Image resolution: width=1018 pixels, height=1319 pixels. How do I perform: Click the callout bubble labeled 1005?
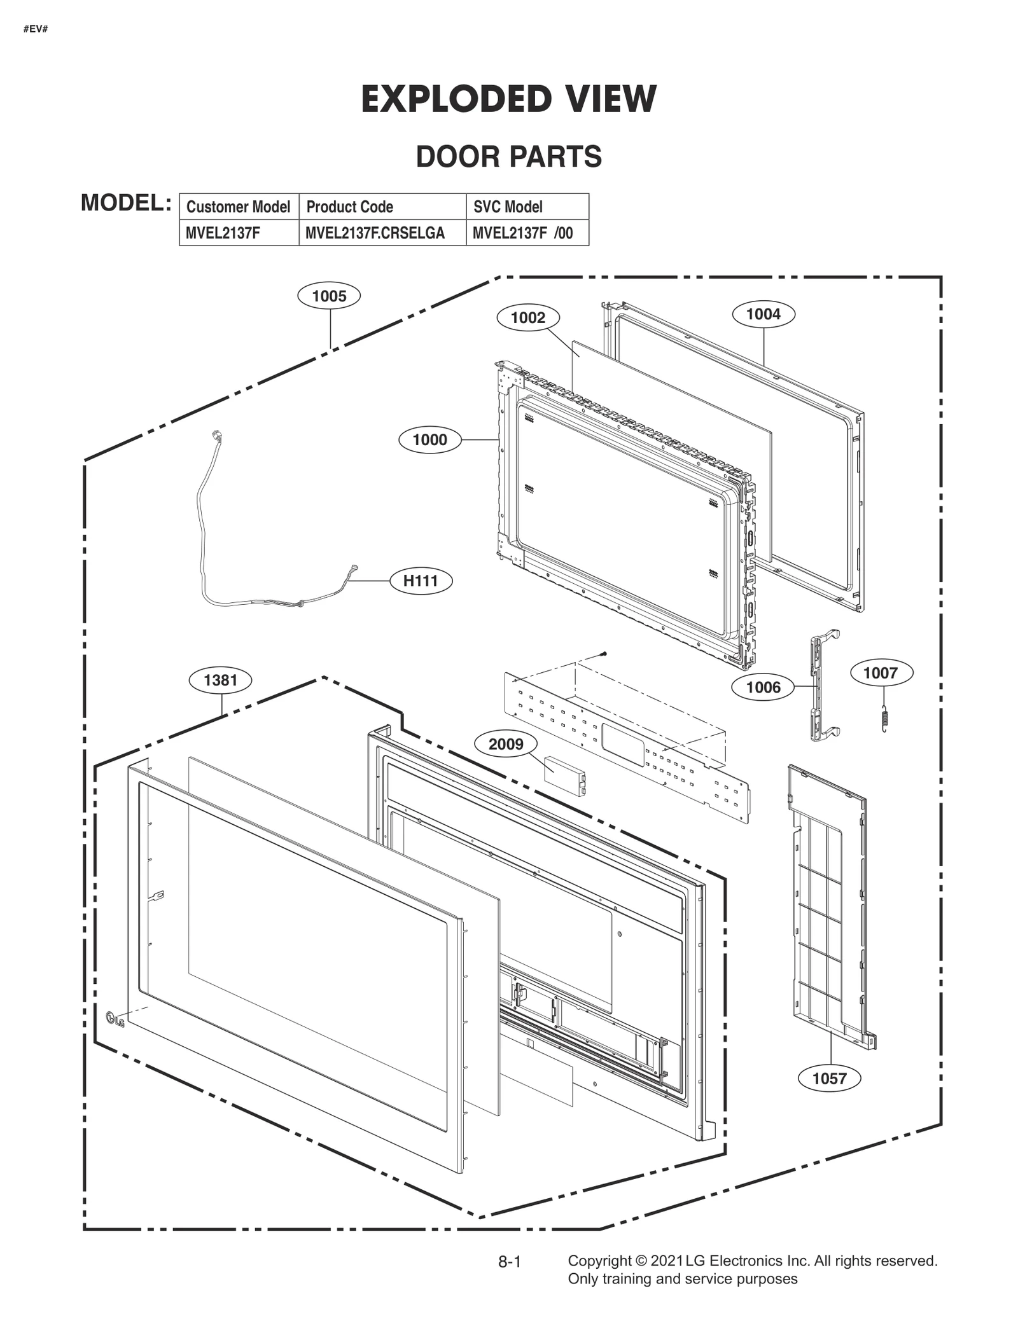pos(329,296)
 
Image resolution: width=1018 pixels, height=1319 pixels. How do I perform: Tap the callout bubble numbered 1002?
pos(527,317)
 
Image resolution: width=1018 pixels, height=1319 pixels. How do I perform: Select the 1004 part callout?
pos(763,314)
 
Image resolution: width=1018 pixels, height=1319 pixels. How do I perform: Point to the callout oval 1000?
pos(429,439)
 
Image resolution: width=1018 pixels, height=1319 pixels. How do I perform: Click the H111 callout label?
pos(421,581)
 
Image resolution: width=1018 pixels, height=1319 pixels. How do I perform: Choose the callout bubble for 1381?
pos(220,680)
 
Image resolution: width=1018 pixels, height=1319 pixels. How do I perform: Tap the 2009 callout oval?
pos(506,743)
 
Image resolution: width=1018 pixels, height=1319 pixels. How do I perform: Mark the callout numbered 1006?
pos(763,687)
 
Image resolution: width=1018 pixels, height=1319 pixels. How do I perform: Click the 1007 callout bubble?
pos(881,672)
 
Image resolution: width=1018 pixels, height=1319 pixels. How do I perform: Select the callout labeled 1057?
pos(829,1078)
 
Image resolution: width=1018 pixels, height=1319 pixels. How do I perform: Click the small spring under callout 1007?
pos(883,718)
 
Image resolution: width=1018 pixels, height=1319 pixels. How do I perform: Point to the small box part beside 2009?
pos(564,775)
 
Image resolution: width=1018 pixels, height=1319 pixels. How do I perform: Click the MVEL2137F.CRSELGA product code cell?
pos(375,233)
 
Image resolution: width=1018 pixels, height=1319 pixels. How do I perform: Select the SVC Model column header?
pos(508,207)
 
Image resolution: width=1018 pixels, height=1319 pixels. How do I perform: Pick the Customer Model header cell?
pos(238,207)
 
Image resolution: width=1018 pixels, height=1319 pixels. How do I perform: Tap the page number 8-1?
pos(509,1262)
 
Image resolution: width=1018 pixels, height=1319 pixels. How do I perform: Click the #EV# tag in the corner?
pos(36,29)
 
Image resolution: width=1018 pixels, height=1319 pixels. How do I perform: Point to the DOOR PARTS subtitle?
pos(508,157)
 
